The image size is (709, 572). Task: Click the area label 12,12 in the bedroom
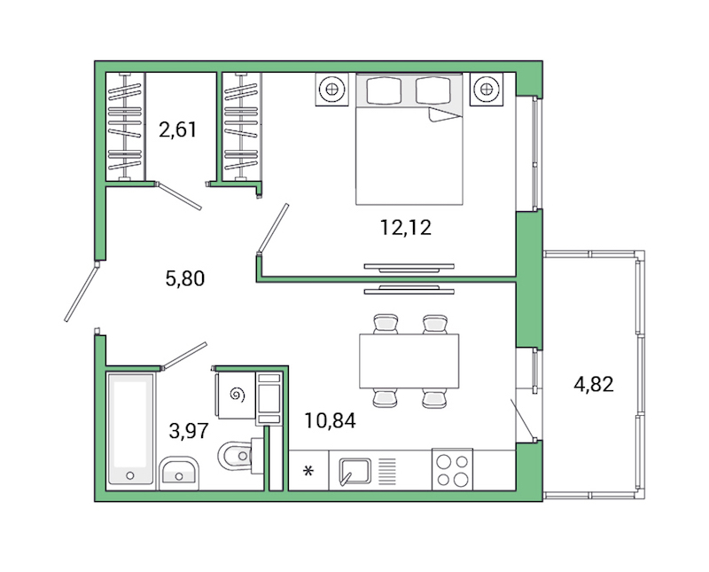pyautogui.click(x=405, y=228)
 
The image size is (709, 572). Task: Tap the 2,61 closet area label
pyautogui.click(x=177, y=130)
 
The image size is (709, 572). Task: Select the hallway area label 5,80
pyautogui.click(x=185, y=278)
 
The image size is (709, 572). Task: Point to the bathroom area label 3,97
pyautogui.click(x=188, y=432)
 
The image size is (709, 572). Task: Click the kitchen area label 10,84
pyautogui.click(x=329, y=420)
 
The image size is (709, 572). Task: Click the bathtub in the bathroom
pyautogui.click(x=130, y=429)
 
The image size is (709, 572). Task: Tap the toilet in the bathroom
pyautogui.click(x=236, y=458)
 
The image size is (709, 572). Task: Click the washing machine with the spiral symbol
pyautogui.click(x=235, y=395)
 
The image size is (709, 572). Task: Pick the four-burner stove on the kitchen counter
pyautogui.click(x=452, y=469)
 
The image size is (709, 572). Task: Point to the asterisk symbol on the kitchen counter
pyautogui.click(x=308, y=470)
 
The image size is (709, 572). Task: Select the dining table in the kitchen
pyautogui.click(x=409, y=361)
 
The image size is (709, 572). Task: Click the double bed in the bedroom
pyautogui.click(x=409, y=142)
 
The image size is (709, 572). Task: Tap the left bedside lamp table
pyautogui.click(x=331, y=89)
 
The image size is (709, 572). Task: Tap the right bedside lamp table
pyautogui.click(x=485, y=89)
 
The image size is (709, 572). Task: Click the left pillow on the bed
pyautogui.click(x=384, y=90)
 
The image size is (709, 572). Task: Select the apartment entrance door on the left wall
pyautogui.click(x=81, y=291)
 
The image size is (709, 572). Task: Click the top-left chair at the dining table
pyautogui.click(x=386, y=324)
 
